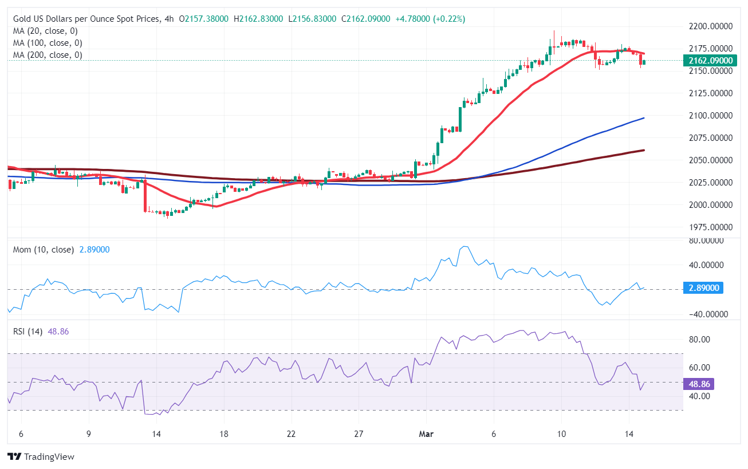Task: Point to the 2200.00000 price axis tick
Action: click(706, 26)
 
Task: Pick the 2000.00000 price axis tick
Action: click(706, 205)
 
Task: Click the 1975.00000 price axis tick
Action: click(706, 227)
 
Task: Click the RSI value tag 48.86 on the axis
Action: click(698, 384)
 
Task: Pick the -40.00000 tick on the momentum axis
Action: click(704, 314)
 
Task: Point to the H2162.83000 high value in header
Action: click(258, 19)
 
